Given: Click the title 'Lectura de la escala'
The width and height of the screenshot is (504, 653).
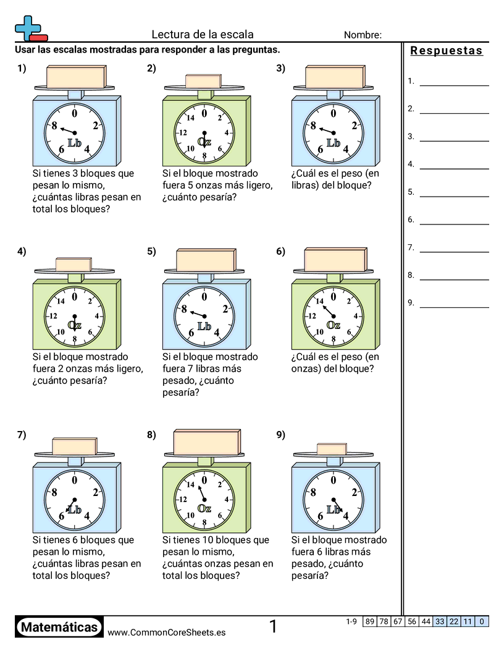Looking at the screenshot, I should coord(203,35).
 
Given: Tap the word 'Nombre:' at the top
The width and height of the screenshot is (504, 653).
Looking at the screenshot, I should coord(363,35).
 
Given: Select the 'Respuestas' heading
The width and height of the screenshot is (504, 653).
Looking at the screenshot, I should coord(447,51).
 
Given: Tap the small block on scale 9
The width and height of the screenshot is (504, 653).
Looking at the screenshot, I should coord(332,449).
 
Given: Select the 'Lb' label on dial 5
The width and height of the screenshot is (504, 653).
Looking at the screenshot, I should coord(204,326).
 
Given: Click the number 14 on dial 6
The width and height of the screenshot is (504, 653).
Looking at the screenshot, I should coord(319,302).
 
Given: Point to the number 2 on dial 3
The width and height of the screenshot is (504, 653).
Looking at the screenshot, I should coord(355,126).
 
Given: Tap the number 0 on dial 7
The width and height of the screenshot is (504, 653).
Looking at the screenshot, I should coord(75,480).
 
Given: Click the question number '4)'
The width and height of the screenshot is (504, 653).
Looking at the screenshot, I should coord(22,251).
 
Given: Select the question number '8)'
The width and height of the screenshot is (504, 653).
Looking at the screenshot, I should coord(151,435).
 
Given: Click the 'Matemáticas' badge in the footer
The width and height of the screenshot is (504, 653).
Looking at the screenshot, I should coord(59,628).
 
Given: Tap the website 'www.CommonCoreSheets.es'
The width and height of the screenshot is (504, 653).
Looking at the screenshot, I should coord(166,633).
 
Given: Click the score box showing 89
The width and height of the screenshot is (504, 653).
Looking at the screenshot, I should coord(370,621).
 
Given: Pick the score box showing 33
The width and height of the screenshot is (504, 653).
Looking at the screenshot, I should coord(440,621).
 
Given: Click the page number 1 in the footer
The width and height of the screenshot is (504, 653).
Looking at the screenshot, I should coord(273,627).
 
